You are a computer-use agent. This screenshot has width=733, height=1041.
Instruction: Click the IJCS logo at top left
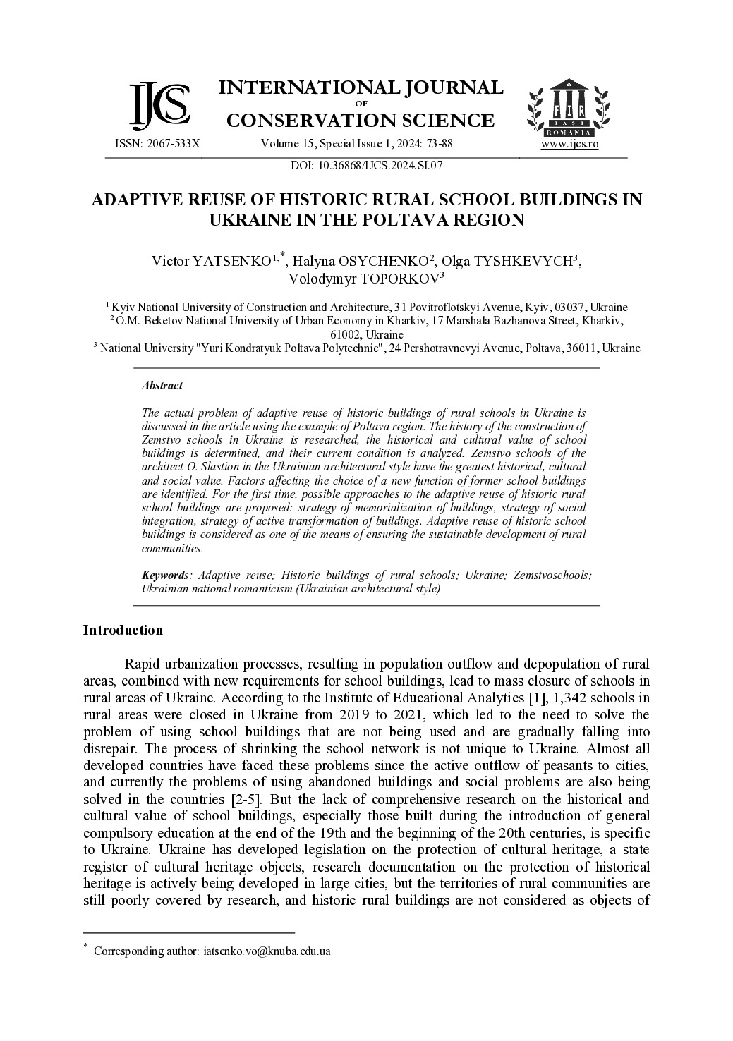pos(159,106)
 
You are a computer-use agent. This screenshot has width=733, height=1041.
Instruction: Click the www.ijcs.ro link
pos(569,144)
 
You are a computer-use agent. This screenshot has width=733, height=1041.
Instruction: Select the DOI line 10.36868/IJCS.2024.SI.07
pos(366,166)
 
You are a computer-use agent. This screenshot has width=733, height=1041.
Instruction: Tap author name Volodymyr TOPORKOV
pos(363,279)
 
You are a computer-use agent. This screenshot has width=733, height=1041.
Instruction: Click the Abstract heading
pos(162,386)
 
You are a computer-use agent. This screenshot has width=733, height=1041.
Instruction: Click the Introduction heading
pos(123,631)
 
